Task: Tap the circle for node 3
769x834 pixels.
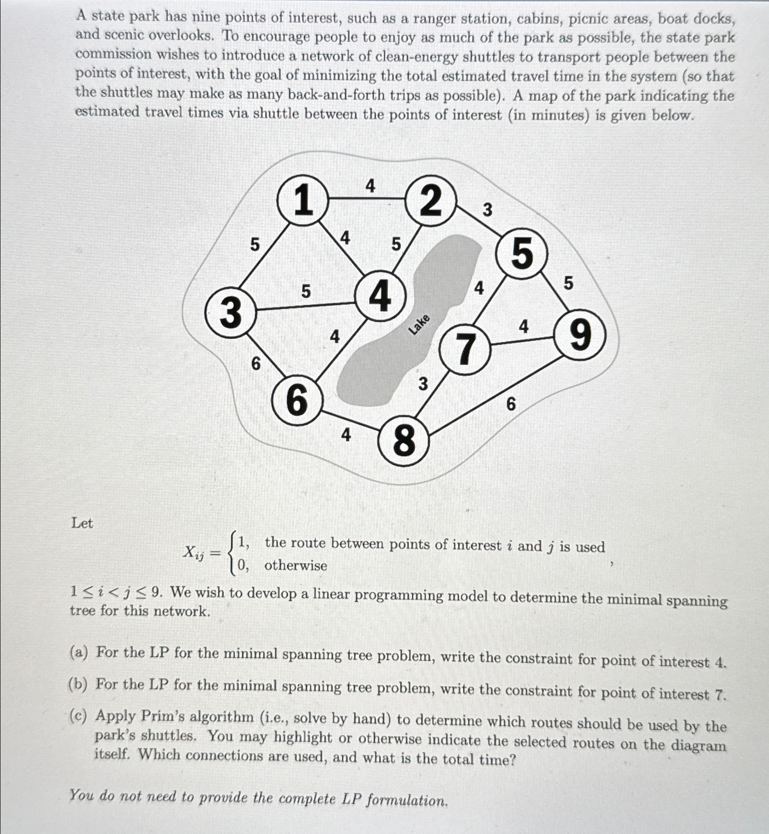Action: [230, 311]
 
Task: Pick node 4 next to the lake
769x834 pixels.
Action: [380, 296]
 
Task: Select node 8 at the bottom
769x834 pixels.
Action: [403, 441]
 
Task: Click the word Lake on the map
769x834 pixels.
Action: [419, 324]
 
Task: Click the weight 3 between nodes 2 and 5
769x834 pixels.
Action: [487, 210]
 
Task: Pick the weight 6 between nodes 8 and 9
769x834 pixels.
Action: [511, 404]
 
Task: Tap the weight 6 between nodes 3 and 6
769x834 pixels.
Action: [256, 364]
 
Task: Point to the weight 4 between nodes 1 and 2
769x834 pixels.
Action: [370, 186]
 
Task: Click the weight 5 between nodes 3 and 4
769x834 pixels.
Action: [305, 291]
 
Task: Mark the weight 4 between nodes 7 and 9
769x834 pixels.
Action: [524, 327]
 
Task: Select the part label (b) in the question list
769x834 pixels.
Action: [78, 684]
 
